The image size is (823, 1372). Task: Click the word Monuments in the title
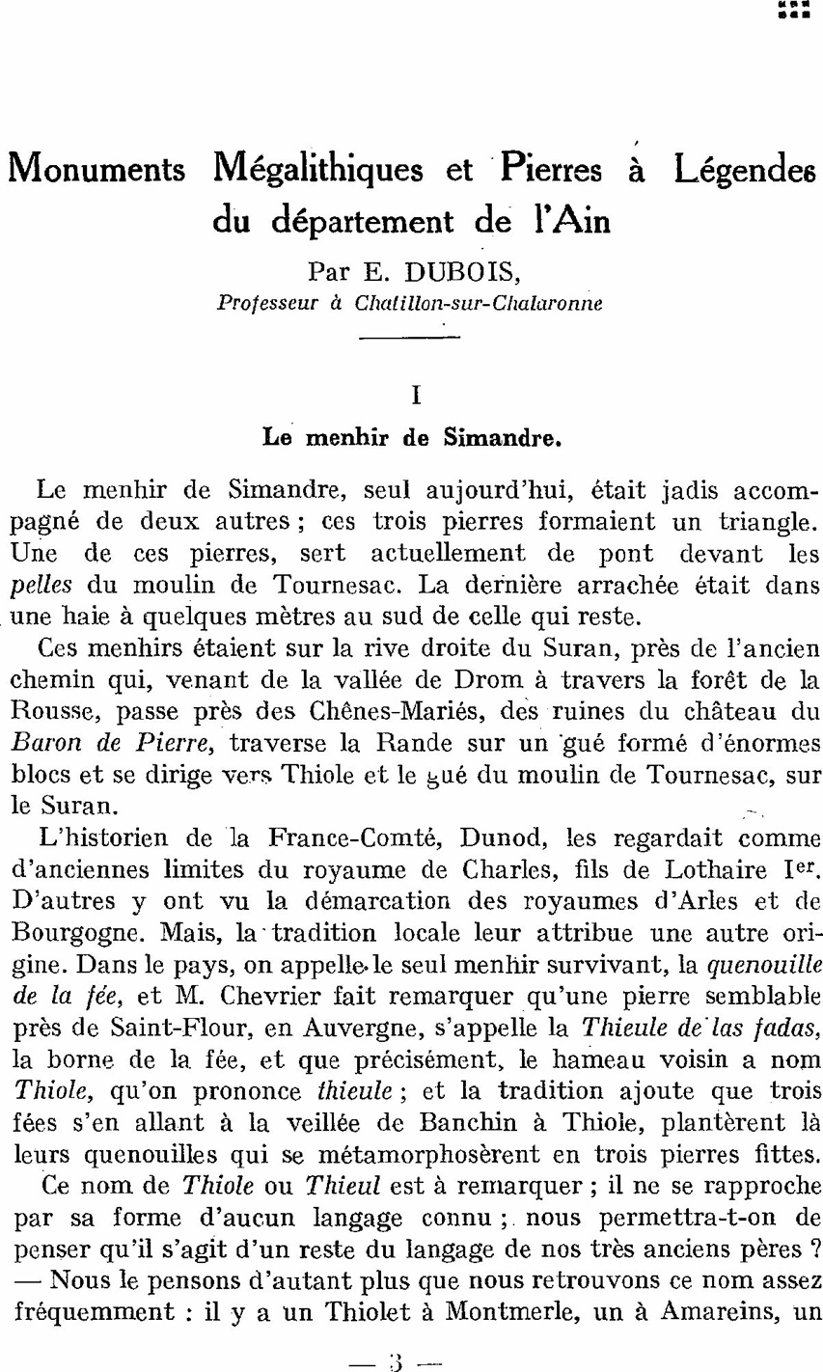click(96, 171)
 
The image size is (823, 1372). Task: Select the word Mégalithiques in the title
click(316, 171)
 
